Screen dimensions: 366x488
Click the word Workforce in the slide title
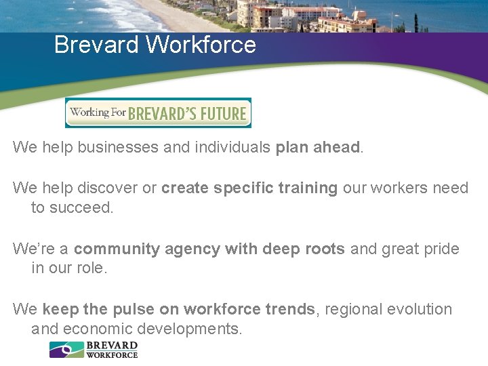pyautogui.click(x=201, y=45)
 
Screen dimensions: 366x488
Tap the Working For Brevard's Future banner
pyautogui.click(x=158, y=113)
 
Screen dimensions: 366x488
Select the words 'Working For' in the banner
pyautogui.click(x=98, y=112)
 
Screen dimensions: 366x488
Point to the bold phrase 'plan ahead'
pyautogui.click(x=317, y=148)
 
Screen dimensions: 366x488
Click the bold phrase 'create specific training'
pyautogui.click(x=249, y=188)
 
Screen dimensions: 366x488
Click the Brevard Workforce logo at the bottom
pyautogui.click(x=94, y=349)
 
